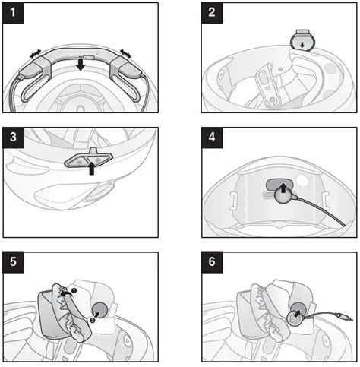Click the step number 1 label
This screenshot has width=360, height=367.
click(x=13, y=13)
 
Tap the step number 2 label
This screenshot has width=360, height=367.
click(x=212, y=13)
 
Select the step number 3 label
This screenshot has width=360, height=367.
click(x=13, y=138)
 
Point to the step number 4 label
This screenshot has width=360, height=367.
click(x=212, y=138)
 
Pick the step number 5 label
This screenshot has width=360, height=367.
click(x=13, y=262)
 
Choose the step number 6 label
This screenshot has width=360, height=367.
click(x=212, y=262)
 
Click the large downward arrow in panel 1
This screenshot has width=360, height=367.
click(x=81, y=65)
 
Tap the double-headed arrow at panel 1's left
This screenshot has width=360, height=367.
click(x=35, y=53)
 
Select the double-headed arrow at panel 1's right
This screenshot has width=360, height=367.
click(x=125, y=53)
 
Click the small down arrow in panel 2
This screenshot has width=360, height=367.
click(x=302, y=45)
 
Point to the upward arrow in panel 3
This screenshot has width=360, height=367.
click(x=92, y=169)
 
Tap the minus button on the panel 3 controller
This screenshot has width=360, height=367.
click(x=79, y=161)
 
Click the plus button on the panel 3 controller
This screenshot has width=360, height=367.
click(x=97, y=160)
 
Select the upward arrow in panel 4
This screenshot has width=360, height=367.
click(x=283, y=188)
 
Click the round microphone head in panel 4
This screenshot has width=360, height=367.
click(x=283, y=196)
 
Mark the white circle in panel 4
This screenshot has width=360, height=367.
click(x=302, y=181)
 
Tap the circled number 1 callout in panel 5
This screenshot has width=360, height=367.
click(x=74, y=290)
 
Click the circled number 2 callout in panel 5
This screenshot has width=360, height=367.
click(x=92, y=321)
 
